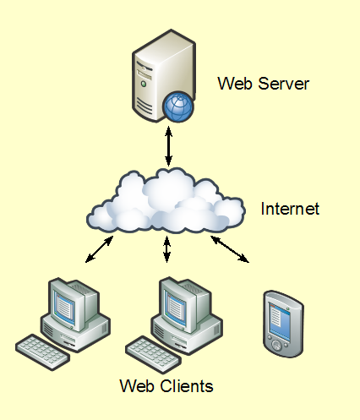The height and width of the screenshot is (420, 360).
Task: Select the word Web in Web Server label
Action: click(x=232, y=84)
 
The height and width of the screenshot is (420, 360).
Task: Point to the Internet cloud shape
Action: click(x=165, y=203)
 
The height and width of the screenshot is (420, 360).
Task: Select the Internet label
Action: click(x=290, y=209)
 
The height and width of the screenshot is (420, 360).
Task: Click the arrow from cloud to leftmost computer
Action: click(x=101, y=249)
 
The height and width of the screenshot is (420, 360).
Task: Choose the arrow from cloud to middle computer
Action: click(x=167, y=250)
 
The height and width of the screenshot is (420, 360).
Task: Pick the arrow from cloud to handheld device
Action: click(x=230, y=249)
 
